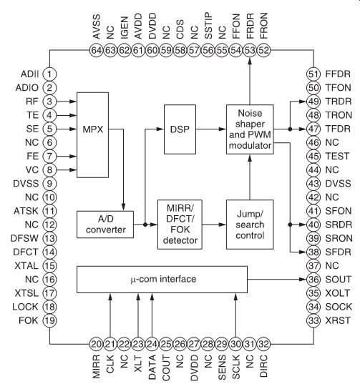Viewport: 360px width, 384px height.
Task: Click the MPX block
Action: (92, 135)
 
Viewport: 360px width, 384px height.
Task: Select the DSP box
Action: (180, 129)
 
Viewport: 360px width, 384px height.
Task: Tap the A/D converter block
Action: (105, 225)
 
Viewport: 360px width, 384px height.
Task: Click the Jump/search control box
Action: (250, 225)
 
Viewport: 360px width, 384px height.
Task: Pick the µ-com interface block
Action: (162, 279)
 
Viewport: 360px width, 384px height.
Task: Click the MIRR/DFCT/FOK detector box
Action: (180, 225)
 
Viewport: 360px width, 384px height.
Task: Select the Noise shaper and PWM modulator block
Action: (250, 129)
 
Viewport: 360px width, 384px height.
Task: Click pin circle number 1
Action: (49, 74)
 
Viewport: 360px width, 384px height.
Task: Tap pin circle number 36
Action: (313, 279)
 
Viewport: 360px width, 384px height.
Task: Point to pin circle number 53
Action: (250, 51)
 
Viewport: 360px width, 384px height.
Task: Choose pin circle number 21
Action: (110, 344)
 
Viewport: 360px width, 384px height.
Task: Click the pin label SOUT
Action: (339, 279)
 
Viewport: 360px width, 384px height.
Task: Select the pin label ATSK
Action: (26, 211)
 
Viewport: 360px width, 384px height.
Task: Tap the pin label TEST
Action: (337, 156)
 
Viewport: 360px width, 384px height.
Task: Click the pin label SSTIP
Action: (208, 26)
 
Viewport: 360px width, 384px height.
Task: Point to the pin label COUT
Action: (166, 368)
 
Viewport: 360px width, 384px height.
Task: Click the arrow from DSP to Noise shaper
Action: (211, 129)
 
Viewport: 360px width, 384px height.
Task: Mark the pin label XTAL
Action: (26, 266)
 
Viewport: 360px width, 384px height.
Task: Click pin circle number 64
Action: (96, 51)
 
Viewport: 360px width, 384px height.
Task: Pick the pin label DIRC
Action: (263, 366)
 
